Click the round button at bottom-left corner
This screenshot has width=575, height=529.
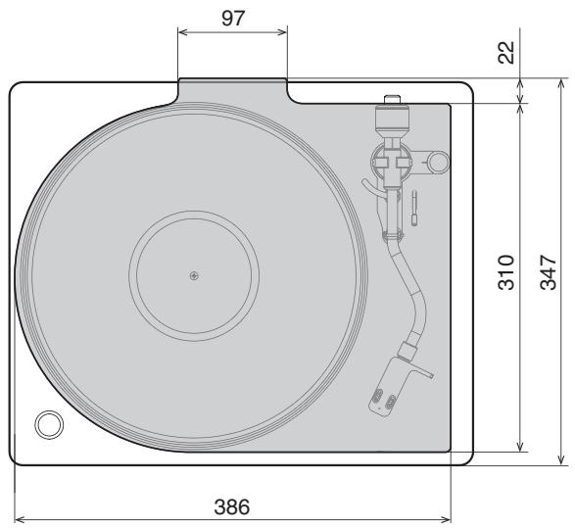[x=46, y=424]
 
